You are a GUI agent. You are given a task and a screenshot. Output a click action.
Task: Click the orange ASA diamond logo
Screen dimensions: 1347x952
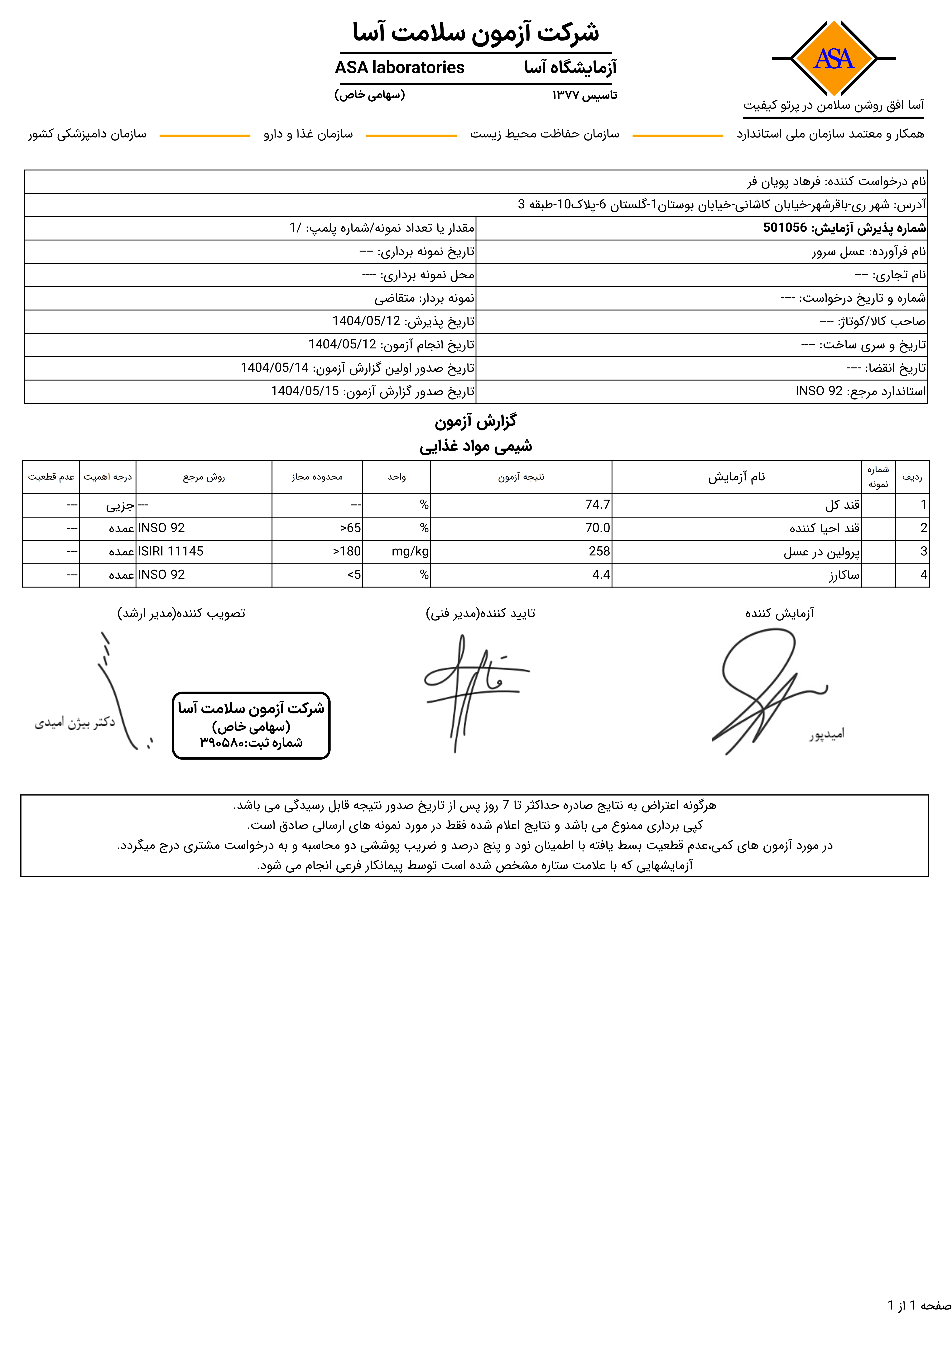coord(834,58)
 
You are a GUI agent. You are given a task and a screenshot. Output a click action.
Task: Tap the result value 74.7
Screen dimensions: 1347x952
coord(597,505)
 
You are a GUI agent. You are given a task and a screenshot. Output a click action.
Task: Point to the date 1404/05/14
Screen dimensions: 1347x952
coord(275,368)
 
